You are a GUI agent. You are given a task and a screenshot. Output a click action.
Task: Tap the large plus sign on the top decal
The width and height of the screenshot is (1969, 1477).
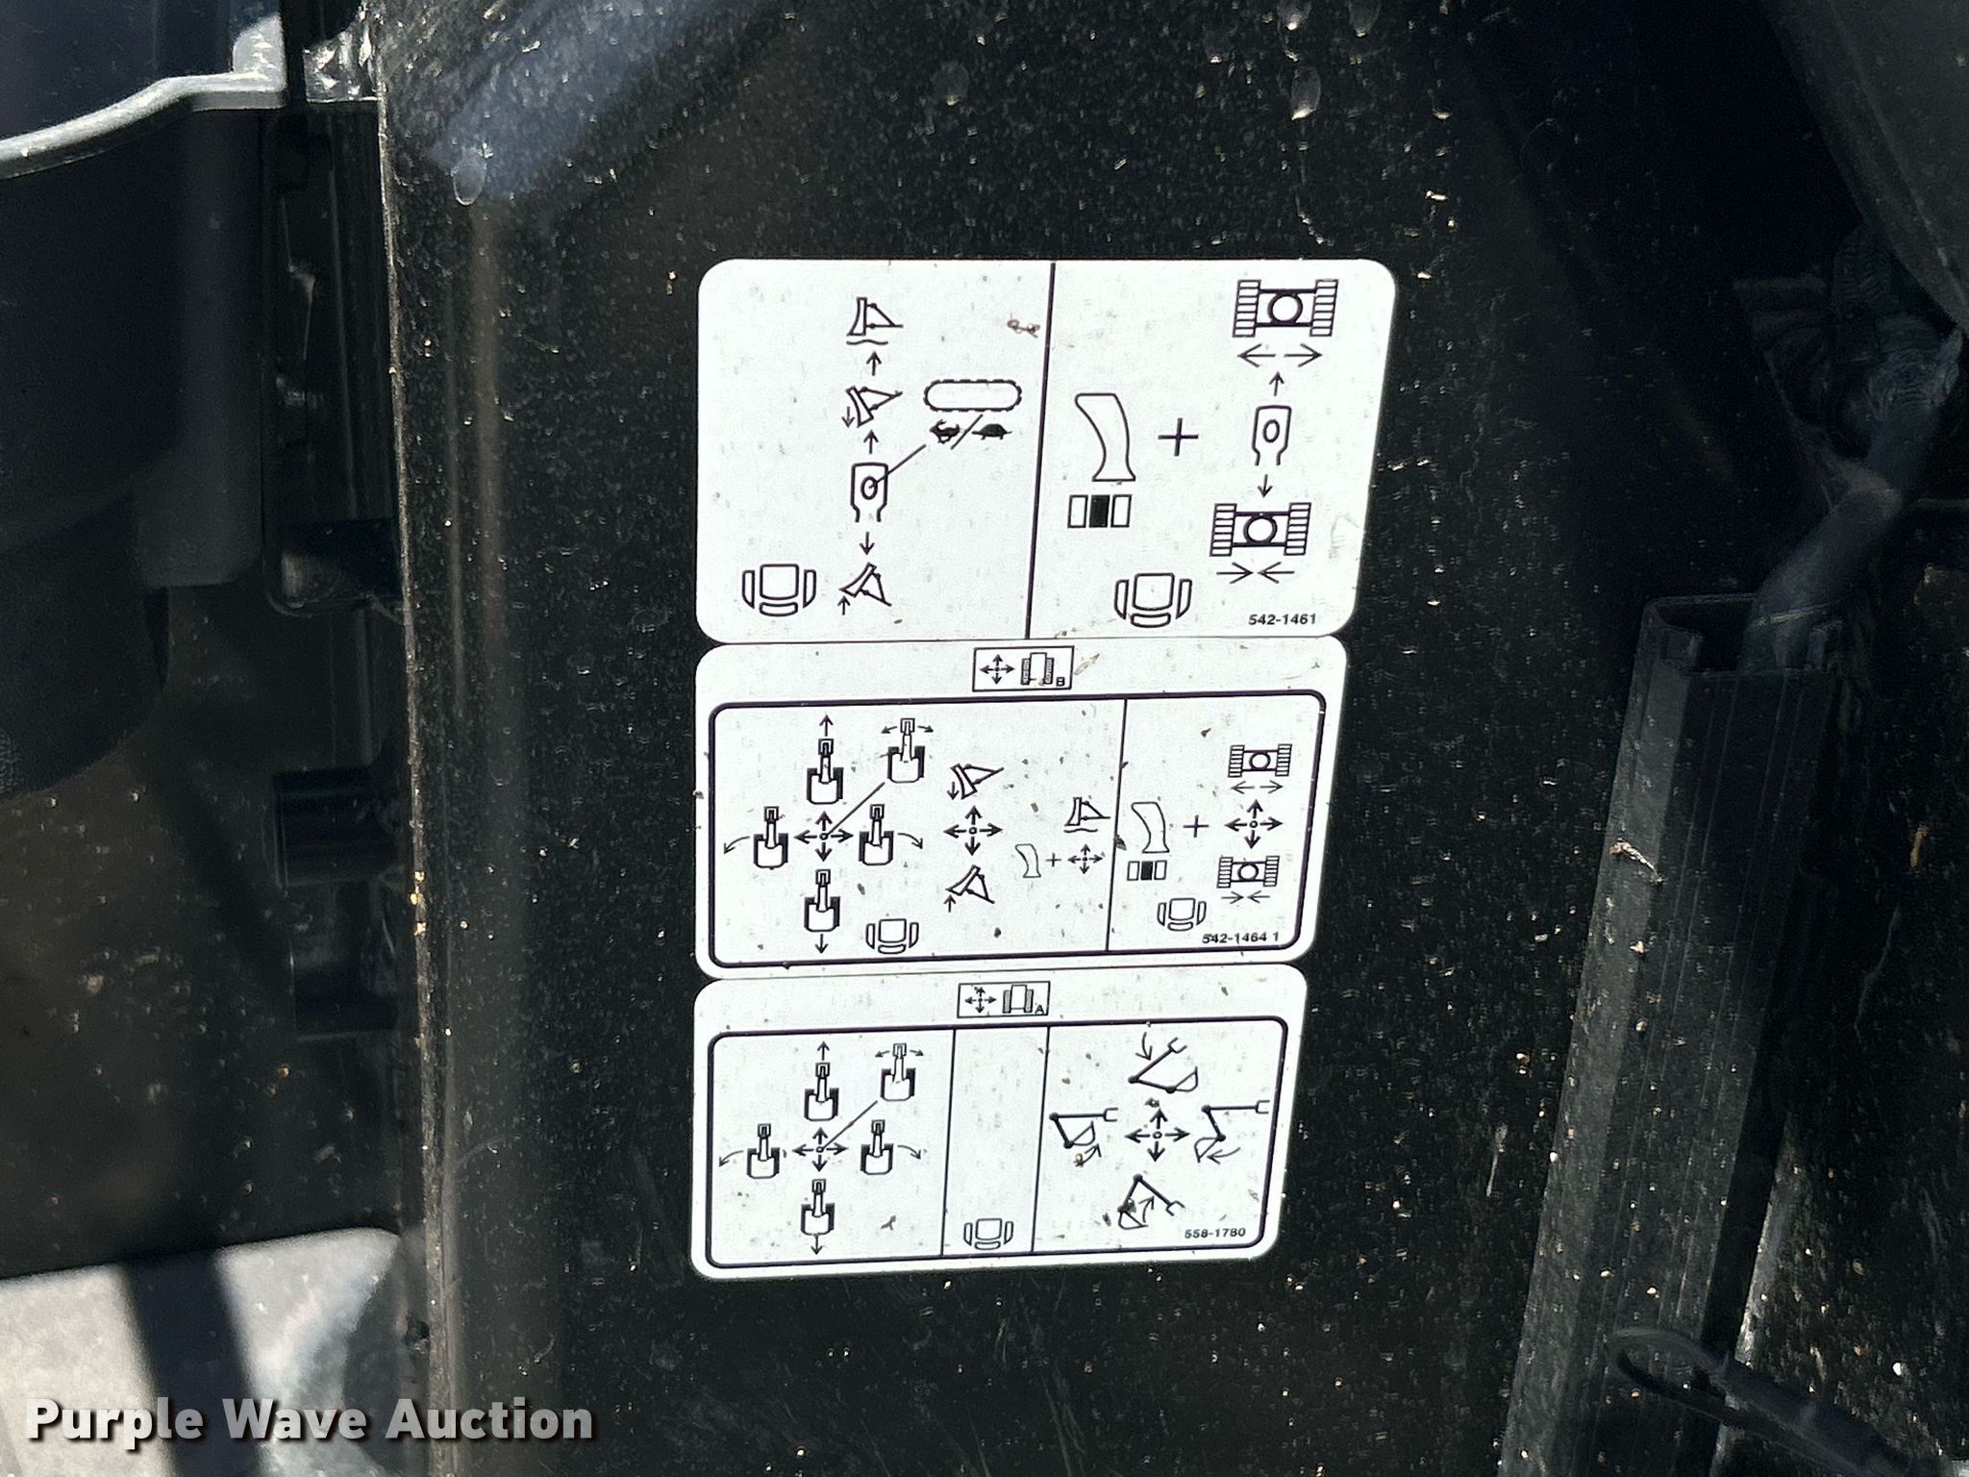coord(1180,439)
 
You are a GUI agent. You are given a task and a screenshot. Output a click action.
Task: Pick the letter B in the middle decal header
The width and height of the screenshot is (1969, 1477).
coord(1059,681)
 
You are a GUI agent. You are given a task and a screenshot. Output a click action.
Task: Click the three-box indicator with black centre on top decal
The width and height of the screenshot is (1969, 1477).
coord(1098,512)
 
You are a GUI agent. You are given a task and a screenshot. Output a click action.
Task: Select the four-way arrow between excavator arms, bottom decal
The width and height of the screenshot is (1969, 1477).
coord(1157,1135)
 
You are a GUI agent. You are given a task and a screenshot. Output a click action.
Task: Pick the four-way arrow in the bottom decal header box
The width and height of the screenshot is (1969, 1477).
coord(980,1001)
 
